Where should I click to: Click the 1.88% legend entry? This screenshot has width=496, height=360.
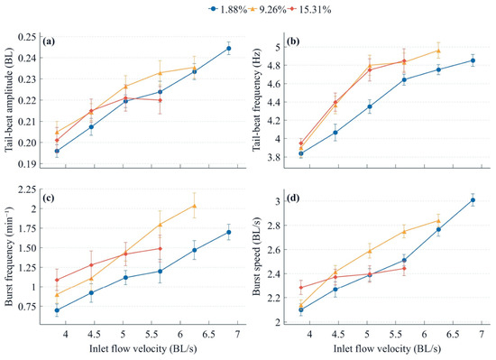pyautogui.click(x=228, y=10)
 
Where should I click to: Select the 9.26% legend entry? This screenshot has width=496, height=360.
pyautogui.click(x=268, y=10)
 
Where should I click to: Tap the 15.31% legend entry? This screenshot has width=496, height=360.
pyautogui.click(x=310, y=10)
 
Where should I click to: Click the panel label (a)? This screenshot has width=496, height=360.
pyautogui.click(x=50, y=42)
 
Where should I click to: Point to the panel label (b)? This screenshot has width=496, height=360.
pyautogui.click(x=293, y=42)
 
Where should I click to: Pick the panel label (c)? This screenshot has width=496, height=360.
pyautogui.click(x=49, y=198)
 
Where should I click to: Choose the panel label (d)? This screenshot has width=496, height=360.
pyautogui.click(x=293, y=199)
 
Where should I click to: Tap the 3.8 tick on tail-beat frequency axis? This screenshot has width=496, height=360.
pyautogui.click(x=273, y=157)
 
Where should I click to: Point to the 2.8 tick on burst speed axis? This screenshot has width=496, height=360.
pyautogui.click(x=273, y=226)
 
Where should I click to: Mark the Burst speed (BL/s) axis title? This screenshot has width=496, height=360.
pyautogui.click(x=257, y=256)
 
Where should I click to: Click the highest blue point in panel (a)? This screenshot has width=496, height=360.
pyautogui.click(x=228, y=49)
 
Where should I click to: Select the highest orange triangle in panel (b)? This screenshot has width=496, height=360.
pyautogui.click(x=438, y=51)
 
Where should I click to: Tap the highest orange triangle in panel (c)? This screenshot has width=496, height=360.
pyautogui.click(x=194, y=206)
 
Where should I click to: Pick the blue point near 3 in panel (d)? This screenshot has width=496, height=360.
pyautogui.click(x=473, y=200)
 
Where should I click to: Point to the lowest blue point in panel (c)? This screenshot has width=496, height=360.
pyautogui.click(x=57, y=310)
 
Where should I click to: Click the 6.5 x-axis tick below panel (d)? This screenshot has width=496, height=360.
pyautogui.click(x=453, y=335)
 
